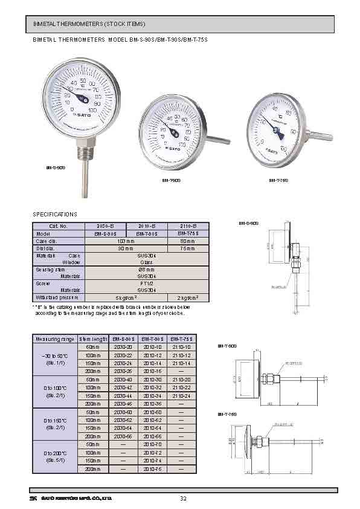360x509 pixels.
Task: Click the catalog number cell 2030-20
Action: pyautogui.click(x=123, y=347)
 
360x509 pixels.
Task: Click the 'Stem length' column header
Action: pyautogui.click(x=93, y=339)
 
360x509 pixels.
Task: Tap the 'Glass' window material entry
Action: pyautogui.click(x=146, y=262)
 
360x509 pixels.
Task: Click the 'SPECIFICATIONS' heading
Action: pyautogui.click(x=55, y=215)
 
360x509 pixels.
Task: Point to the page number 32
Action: pyautogui.click(x=183, y=499)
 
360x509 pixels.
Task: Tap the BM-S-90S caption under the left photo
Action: pyautogui.click(x=56, y=167)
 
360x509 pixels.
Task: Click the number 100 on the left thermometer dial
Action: pyautogui.click(x=92, y=111)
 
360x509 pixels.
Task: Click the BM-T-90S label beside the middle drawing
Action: pyautogui.click(x=227, y=346)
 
